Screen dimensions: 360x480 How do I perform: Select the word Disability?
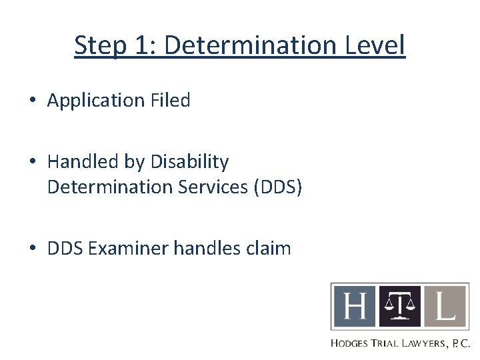point(190,162)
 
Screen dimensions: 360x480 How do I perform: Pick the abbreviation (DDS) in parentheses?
point(278,187)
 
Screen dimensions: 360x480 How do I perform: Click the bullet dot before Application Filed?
point(33,101)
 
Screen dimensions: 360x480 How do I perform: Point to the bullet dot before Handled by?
point(33,163)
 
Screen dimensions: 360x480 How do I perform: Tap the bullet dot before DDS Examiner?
point(33,249)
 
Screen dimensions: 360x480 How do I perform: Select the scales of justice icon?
point(399,307)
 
